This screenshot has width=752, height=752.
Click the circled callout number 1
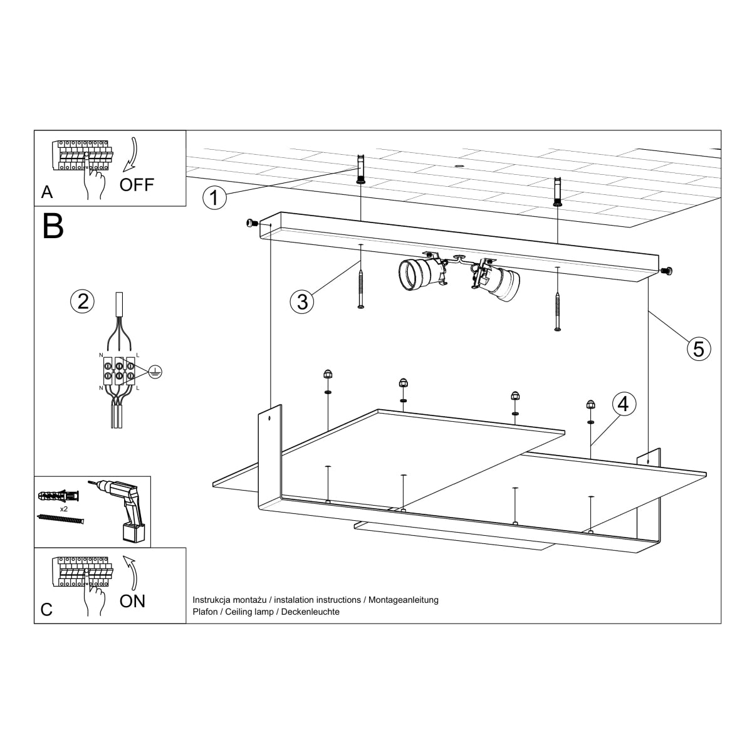(214, 197)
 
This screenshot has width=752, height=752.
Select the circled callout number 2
(82, 301)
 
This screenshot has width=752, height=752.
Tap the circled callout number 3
(302, 301)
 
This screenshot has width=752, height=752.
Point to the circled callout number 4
(623, 404)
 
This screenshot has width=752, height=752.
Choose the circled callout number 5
(699, 348)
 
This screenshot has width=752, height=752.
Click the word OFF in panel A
(136, 185)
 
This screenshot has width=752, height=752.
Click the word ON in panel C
(132, 601)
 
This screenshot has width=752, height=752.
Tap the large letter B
(53, 227)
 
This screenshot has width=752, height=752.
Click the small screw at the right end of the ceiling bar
(668, 271)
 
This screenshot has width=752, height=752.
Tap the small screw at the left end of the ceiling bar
(252, 222)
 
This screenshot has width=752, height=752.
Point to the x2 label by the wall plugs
(63, 509)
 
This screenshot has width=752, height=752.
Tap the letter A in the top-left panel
(47, 192)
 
